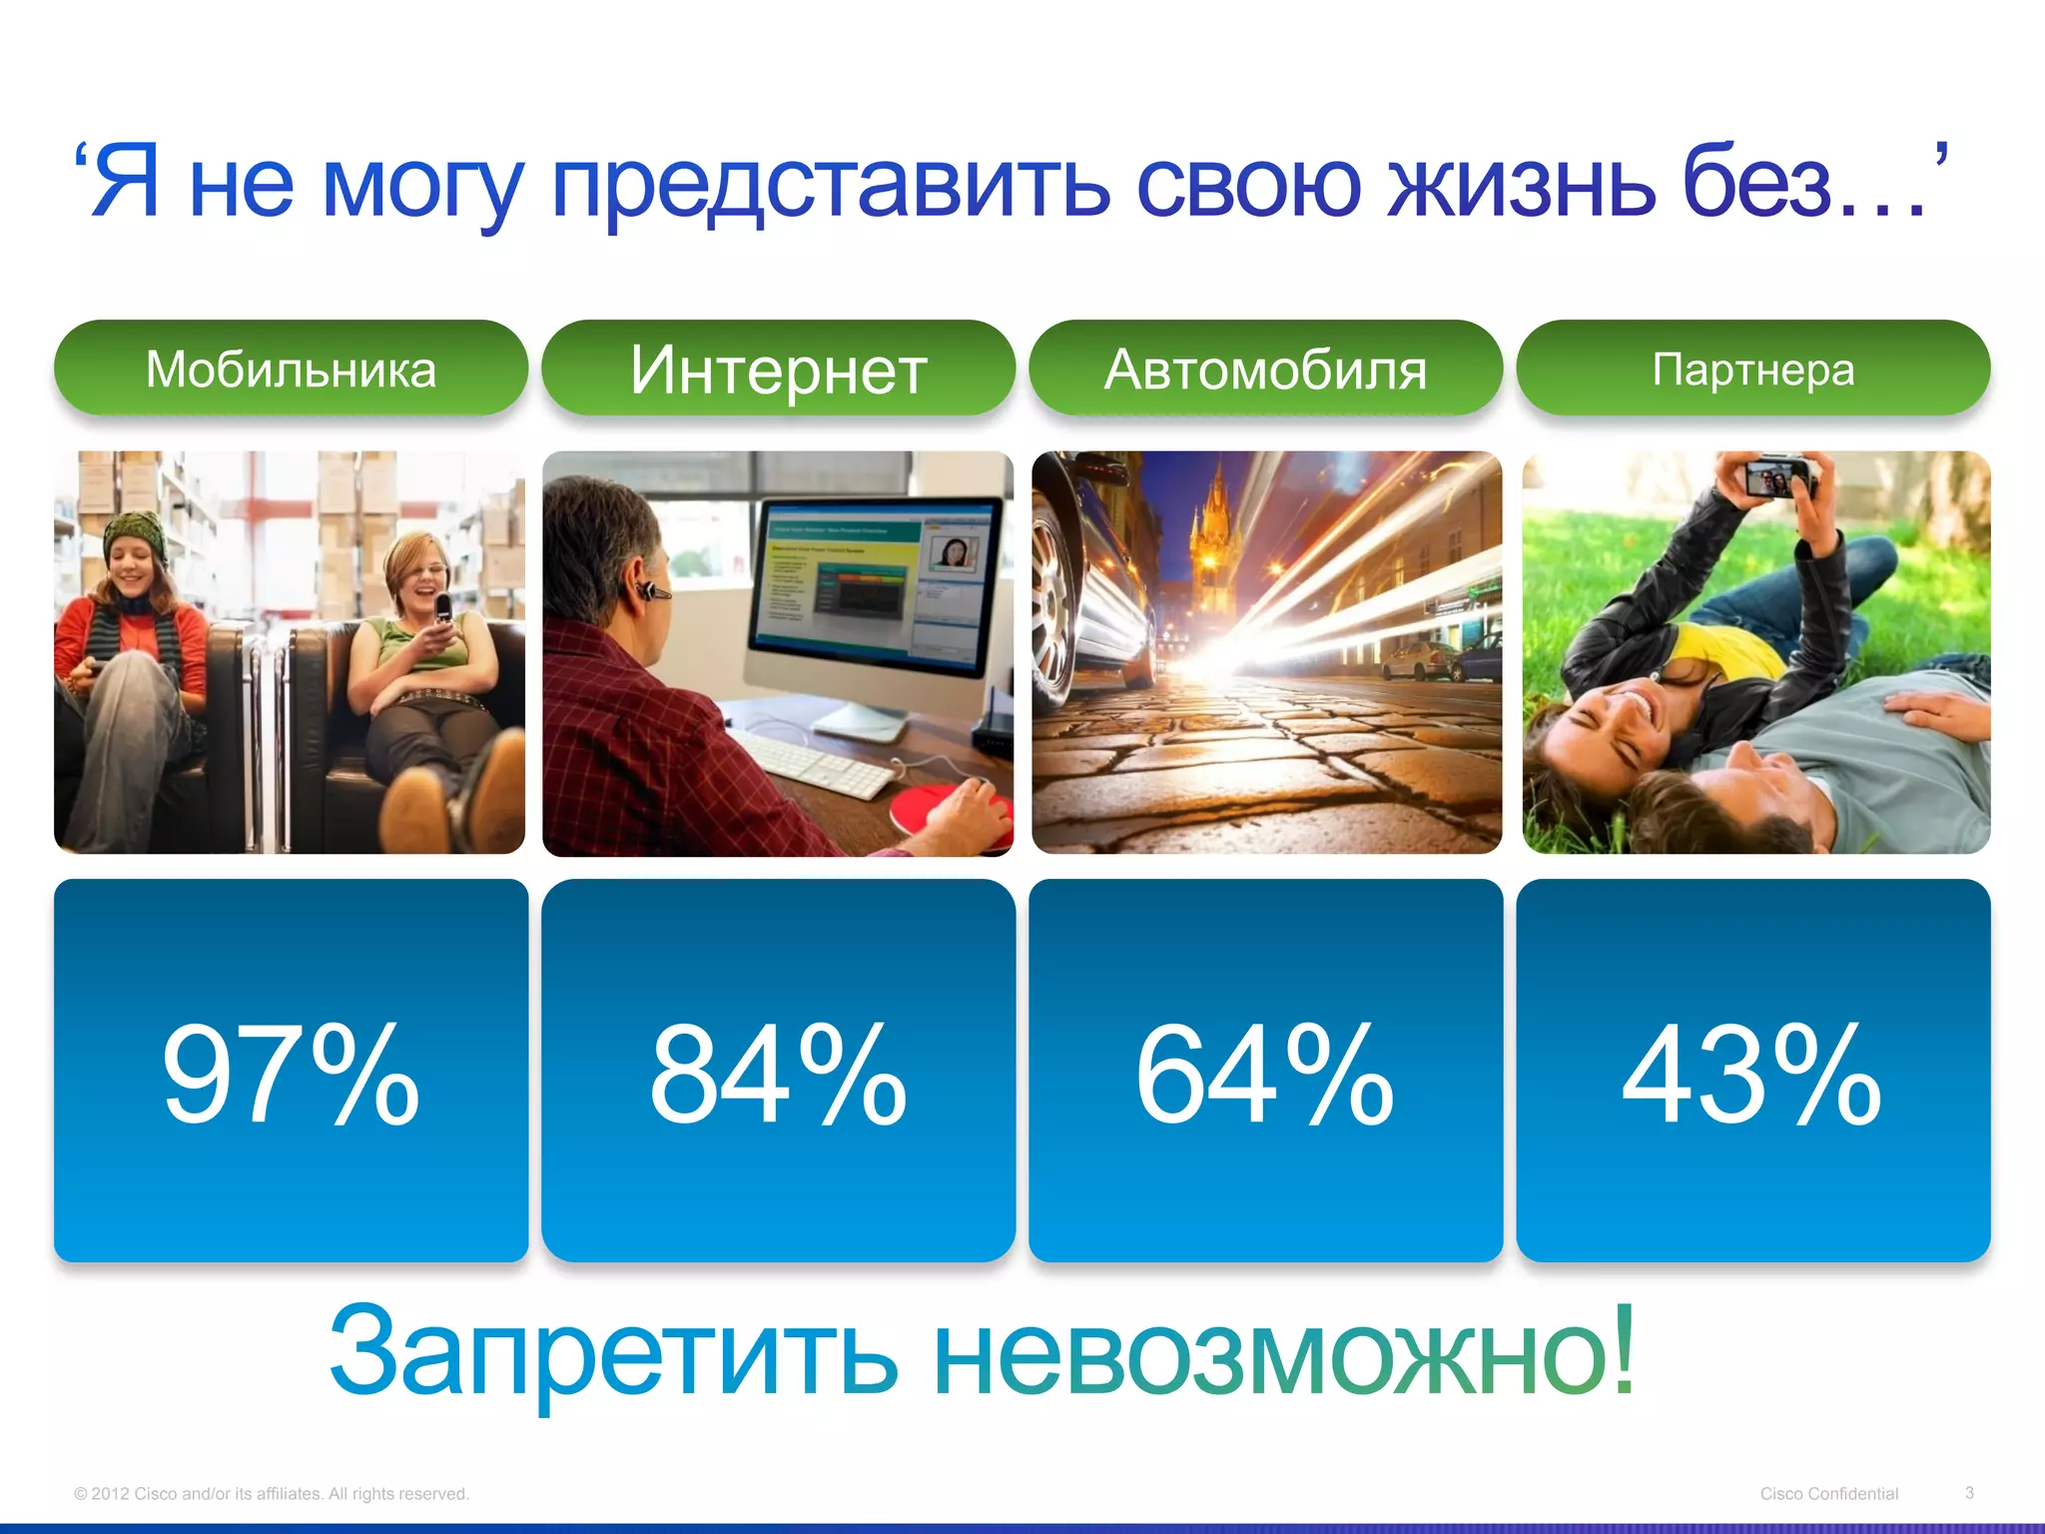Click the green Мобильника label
(291, 369)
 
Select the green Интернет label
(778, 369)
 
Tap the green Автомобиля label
(1265, 369)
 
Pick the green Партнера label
(1752, 369)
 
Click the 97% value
(291, 1075)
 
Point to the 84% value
(778, 1075)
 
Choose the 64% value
(1265, 1075)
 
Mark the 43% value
(1752, 1075)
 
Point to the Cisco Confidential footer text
(1828, 1494)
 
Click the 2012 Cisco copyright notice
(271, 1494)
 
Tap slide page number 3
(1969, 1493)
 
